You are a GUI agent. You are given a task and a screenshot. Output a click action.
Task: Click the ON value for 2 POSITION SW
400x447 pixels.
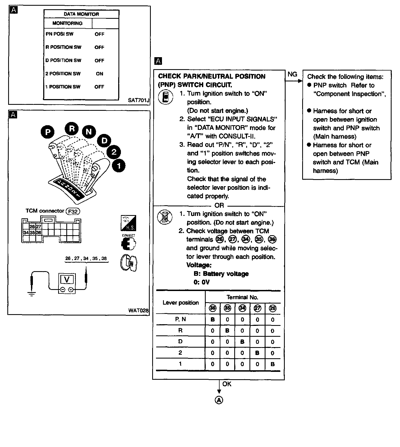[x=99, y=74]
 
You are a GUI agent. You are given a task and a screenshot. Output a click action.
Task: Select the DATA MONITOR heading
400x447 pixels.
[x=81, y=14]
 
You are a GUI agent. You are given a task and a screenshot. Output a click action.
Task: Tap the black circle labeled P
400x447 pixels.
[x=48, y=132]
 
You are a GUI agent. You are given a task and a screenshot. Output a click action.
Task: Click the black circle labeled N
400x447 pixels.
[x=89, y=132]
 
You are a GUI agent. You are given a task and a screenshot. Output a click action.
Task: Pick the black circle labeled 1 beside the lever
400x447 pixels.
[x=118, y=165]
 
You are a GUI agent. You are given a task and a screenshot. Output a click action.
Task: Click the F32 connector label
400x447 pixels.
[x=73, y=211]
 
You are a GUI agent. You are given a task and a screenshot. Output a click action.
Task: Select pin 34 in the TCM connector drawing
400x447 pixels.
[x=26, y=232]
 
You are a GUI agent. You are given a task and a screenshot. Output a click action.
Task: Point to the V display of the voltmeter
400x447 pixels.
[x=67, y=280]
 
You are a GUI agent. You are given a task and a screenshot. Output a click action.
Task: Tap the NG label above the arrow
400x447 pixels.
[x=292, y=74]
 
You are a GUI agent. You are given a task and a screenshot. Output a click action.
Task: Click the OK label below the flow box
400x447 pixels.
[x=227, y=384]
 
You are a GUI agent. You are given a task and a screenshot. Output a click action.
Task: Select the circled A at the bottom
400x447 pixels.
[x=219, y=400]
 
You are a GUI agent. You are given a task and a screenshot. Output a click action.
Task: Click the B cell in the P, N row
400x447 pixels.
[x=213, y=320]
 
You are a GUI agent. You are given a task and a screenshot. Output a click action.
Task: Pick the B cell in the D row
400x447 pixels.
[x=242, y=342]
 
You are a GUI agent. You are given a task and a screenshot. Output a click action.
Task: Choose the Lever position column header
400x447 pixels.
[x=181, y=303]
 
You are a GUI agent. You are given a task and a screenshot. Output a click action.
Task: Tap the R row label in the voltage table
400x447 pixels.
[x=180, y=330]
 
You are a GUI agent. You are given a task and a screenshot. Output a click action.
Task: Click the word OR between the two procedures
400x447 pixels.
[x=219, y=206]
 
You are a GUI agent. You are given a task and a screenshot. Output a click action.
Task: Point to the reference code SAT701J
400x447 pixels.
[x=139, y=100]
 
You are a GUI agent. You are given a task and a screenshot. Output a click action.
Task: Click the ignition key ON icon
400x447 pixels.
[x=129, y=262]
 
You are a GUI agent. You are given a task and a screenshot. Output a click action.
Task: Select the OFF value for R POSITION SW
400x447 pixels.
[x=99, y=47]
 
